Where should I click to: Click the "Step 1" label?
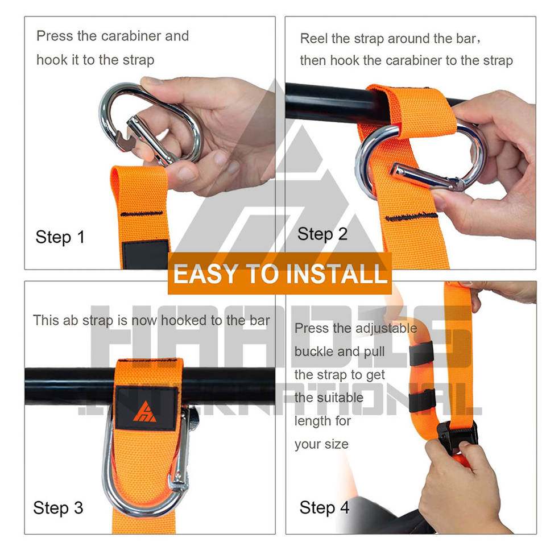click(60, 237)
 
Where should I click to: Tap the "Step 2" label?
click(322, 234)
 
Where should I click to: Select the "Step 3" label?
click(58, 508)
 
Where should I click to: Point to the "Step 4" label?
click(324, 507)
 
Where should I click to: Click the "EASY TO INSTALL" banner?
click(280, 274)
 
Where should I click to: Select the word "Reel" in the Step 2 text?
click(313, 39)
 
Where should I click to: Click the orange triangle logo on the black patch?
click(145, 412)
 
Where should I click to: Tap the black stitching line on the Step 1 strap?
click(142, 213)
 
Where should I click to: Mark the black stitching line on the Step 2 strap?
click(411, 216)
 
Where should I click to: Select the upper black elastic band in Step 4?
click(421, 353)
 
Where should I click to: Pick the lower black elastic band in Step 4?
click(422, 400)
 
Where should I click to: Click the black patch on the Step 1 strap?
click(145, 255)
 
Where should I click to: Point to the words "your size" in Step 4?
click(321, 444)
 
